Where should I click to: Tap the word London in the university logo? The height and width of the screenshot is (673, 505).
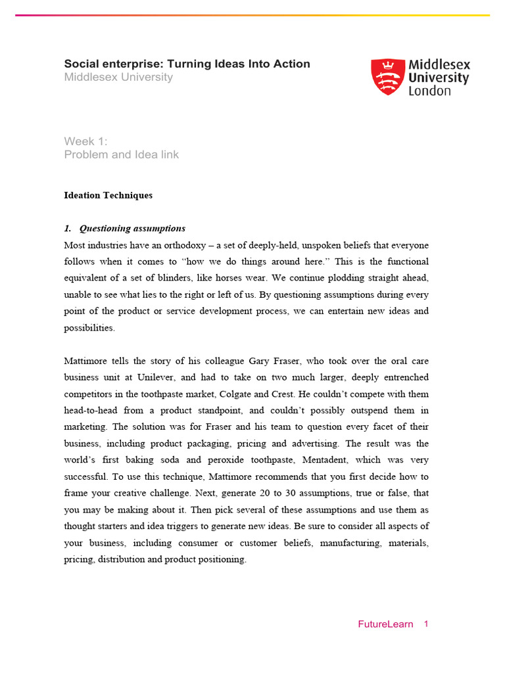tap(430, 91)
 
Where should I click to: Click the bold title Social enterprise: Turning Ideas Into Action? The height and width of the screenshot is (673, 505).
tap(187, 64)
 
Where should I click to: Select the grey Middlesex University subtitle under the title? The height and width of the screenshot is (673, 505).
tap(118, 78)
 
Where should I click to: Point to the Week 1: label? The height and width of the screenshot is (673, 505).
tap(85, 141)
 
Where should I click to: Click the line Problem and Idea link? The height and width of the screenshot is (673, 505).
tap(121, 155)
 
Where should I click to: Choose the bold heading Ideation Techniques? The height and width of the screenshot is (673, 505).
tap(108, 195)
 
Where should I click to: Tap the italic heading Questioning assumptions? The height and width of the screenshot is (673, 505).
tap(132, 229)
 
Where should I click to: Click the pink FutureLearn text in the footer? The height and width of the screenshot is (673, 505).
tap(385, 624)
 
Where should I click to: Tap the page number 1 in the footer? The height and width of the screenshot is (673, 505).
tap(426, 624)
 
